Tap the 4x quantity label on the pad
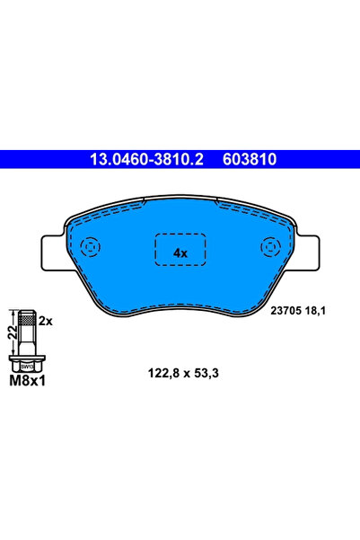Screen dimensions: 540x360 pos(180,252)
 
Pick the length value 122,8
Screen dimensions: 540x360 pos(162,371)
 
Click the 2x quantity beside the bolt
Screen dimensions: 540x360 pos(48,321)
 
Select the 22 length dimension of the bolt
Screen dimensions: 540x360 pos(13,333)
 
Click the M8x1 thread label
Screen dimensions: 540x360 pos(27,382)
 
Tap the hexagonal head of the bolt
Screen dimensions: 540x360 pos(28,366)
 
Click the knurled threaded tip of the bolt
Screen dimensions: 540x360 pos(28,319)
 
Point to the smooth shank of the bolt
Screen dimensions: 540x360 pos(28,341)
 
